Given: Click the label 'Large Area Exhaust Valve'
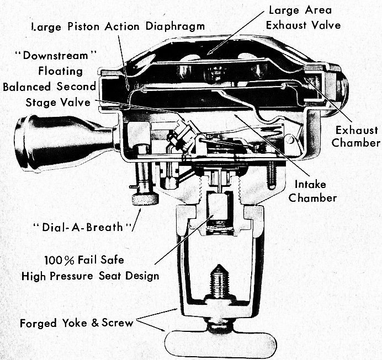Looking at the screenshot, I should [303, 18].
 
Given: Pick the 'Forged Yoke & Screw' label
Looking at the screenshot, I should [77, 323].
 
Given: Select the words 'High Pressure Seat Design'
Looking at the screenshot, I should [90, 276].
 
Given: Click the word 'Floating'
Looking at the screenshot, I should [61, 71].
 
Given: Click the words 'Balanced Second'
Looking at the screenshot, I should [49, 87].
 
